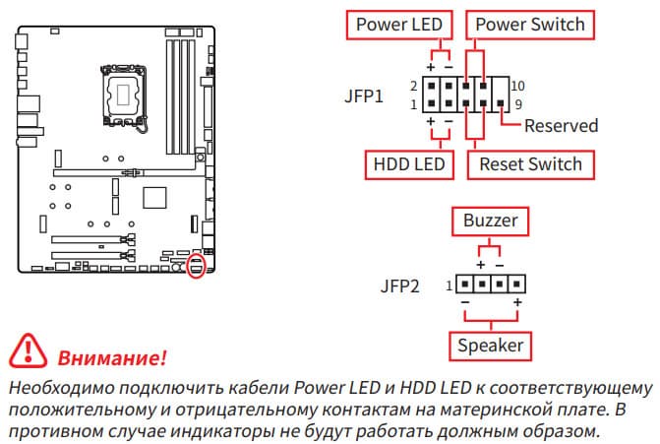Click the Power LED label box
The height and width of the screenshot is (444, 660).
tap(398, 24)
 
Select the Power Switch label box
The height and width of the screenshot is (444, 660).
tap(530, 24)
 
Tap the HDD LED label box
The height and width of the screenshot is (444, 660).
tap(408, 163)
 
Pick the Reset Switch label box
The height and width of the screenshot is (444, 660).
tap(530, 163)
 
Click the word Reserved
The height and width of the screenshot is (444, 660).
tap(561, 125)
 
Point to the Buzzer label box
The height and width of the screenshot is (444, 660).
tap(490, 221)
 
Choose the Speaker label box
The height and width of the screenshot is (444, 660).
tap(490, 346)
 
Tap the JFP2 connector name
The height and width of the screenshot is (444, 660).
tap(400, 287)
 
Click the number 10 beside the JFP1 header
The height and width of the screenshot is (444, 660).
tap(519, 86)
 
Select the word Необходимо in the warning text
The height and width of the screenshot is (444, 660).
tap(59, 387)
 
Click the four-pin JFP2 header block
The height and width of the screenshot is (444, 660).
tap(490, 285)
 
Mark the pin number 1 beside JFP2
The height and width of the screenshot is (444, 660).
tap(449, 286)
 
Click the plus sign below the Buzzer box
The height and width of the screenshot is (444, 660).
tap(481, 265)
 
